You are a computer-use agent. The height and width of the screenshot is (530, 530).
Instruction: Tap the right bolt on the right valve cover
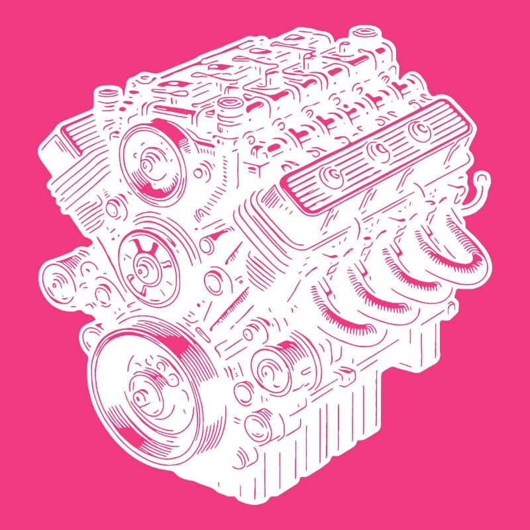pyautogui.click(x=419, y=131)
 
